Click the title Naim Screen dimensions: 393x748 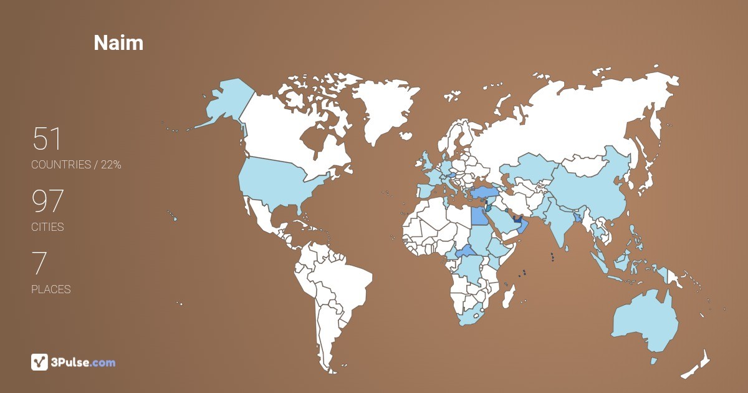[118, 42]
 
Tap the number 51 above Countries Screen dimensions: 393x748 [47, 139]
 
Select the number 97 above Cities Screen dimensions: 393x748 [48, 201]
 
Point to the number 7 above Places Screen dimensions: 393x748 [39, 264]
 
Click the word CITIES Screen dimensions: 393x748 [48, 227]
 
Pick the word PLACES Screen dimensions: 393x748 [51, 289]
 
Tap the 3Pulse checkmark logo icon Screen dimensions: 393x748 [39, 362]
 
